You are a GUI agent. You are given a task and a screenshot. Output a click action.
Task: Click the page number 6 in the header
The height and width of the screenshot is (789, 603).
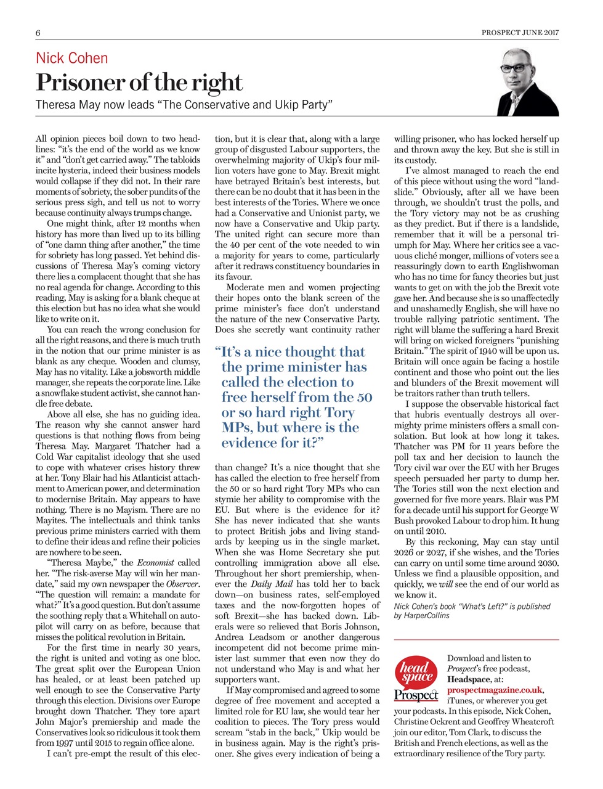pyautogui.click(x=38, y=33)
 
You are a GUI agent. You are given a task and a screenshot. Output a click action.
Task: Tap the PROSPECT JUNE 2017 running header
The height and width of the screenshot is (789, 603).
pyautogui.click(x=520, y=33)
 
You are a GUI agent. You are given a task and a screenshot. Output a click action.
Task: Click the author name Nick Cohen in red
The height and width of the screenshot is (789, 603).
pyautogui.click(x=72, y=59)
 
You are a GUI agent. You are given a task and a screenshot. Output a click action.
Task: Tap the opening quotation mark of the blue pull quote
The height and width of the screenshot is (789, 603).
pyautogui.click(x=217, y=352)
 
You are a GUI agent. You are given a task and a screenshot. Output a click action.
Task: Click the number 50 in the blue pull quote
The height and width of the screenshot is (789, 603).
pyautogui.click(x=363, y=398)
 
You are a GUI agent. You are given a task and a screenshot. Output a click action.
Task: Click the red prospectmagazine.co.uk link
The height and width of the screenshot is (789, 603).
pyautogui.click(x=495, y=690)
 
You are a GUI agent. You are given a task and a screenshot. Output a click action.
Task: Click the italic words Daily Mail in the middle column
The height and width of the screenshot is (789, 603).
pyautogui.click(x=271, y=584)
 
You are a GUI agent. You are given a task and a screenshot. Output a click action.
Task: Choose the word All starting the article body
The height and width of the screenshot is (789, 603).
pyautogui.click(x=41, y=139)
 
